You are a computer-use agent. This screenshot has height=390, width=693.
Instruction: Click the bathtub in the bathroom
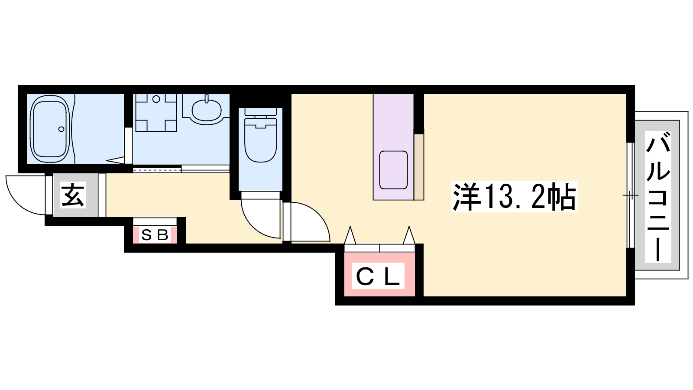(x=49, y=129)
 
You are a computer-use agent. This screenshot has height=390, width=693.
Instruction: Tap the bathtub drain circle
(x=61, y=129)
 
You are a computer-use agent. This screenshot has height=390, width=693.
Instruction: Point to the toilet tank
(x=260, y=112)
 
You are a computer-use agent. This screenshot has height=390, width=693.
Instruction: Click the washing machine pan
(x=156, y=113)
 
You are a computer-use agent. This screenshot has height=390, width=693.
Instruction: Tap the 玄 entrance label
(x=73, y=195)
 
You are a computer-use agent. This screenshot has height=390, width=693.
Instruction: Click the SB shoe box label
(x=155, y=235)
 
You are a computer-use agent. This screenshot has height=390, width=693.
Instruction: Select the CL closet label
(x=378, y=276)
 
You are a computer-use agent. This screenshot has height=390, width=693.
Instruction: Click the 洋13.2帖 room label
(x=514, y=197)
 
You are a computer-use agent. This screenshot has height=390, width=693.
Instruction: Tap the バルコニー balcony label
(x=658, y=197)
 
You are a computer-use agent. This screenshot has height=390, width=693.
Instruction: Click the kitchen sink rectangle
(x=393, y=170)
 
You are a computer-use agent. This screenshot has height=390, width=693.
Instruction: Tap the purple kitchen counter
(x=393, y=147)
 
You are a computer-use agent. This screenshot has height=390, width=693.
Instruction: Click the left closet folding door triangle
(x=350, y=235)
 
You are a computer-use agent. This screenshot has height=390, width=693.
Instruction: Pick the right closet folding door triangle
(x=409, y=235)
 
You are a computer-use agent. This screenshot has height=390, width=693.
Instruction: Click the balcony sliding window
(x=631, y=195)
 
